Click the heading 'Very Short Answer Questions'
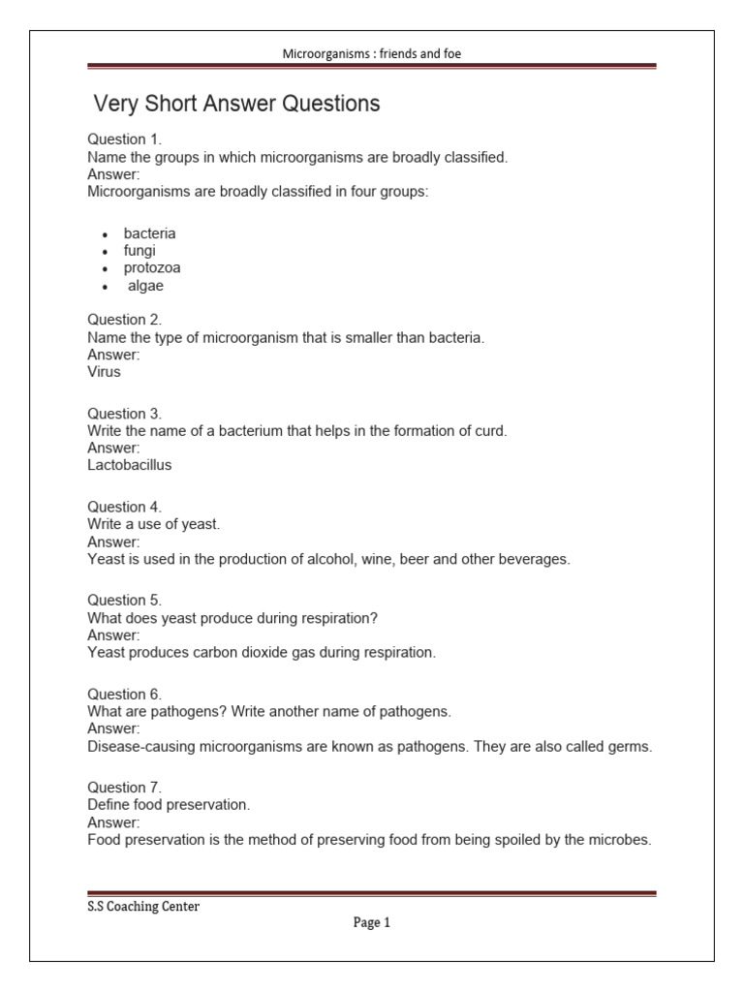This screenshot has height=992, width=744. click(x=236, y=104)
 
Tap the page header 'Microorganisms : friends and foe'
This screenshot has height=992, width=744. click(x=371, y=54)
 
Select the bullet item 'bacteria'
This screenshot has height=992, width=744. click(x=149, y=233)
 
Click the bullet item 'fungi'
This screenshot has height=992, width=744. click(x=139, y=251)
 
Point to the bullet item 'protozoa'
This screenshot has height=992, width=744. click(x=152, y=268)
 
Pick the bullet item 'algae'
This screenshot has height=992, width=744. click(x=146, y=286)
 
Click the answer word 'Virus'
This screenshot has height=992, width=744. click(x=105, y=371)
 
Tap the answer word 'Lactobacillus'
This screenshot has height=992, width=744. click(x=130, y=464)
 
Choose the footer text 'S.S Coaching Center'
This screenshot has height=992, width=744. click(x=143, y=907)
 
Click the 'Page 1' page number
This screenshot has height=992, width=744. click(x=371, y=923)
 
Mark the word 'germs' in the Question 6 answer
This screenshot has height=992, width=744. click(x=631, y=747)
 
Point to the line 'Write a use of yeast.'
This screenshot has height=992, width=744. click(x=154, y=524)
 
